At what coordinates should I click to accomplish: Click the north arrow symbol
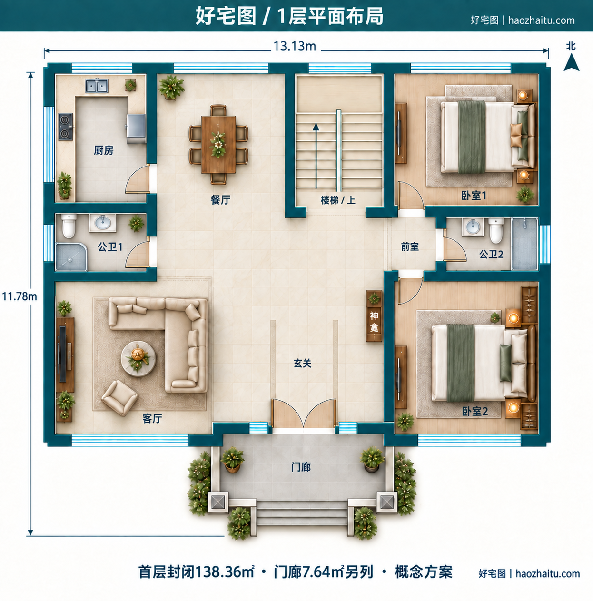[571, 62]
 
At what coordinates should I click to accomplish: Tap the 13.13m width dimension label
[295, 47]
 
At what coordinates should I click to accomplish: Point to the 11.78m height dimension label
[20, 296]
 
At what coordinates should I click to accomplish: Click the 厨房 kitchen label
[104, 150]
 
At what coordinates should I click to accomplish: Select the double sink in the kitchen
[97, 86]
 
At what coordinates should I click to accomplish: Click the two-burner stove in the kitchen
[66, 126]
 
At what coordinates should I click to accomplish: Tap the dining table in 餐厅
[218, 144]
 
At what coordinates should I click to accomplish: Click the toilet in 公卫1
[69, 226]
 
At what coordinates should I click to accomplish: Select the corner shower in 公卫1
[71, 256]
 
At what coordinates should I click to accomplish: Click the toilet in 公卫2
[496, 230]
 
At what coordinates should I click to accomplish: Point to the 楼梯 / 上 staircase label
[338, 200]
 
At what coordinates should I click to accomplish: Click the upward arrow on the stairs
[316, 156]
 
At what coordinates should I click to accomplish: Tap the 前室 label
[410, 246]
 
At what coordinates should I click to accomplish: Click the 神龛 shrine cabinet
[374, 316]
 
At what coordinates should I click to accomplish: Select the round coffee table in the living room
[138, 359]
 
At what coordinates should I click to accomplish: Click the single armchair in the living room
[119, 397]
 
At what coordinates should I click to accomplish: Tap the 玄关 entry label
[302, 363]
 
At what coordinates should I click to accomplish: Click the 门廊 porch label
[301, 467]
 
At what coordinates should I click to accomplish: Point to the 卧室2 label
[475, 412]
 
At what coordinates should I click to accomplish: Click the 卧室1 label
[474, 196]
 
